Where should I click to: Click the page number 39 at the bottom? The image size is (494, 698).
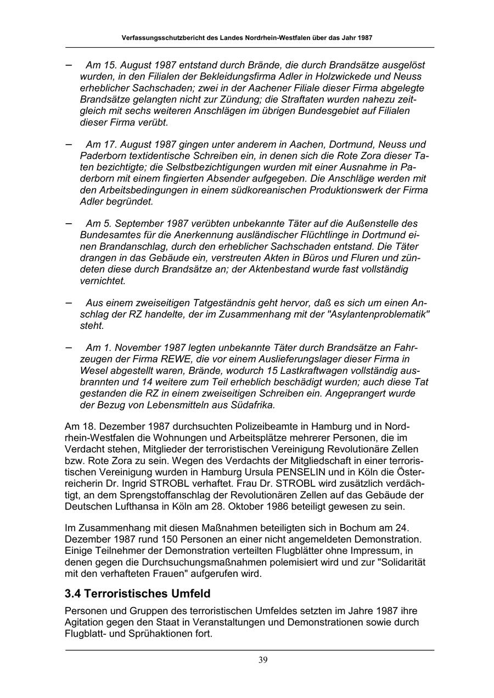click(263, 660)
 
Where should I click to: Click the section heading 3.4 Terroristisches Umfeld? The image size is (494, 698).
click(137, 593)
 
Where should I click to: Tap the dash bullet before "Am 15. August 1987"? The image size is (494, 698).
click(69, 65)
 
